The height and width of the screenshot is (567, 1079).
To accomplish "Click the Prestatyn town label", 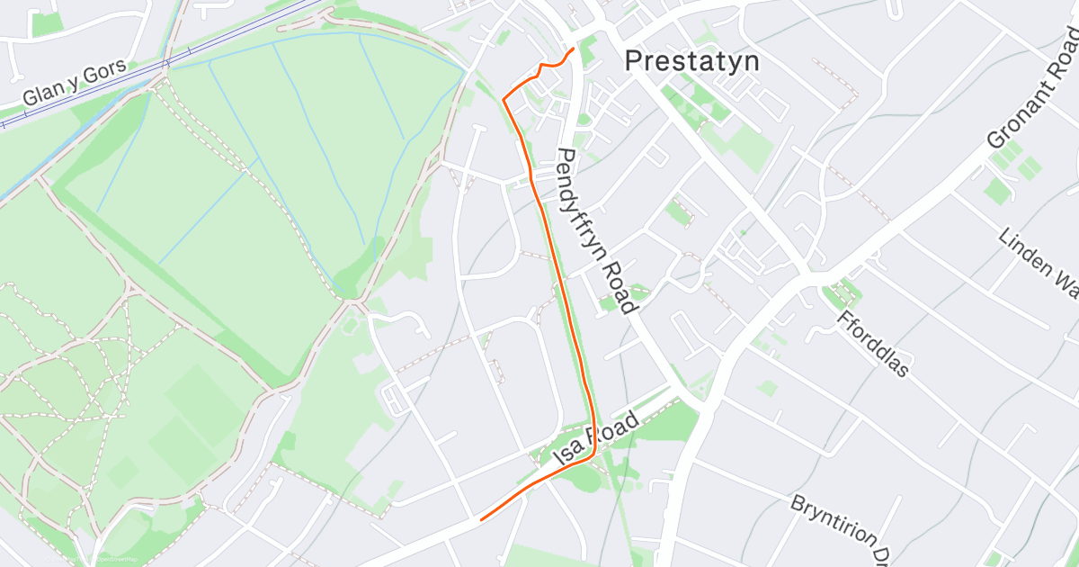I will pos(691,61).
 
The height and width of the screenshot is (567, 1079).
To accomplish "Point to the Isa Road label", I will pos(597,439).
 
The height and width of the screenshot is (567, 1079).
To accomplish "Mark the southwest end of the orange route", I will pos(482,519).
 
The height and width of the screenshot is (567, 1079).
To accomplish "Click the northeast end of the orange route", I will pos(573,48).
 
